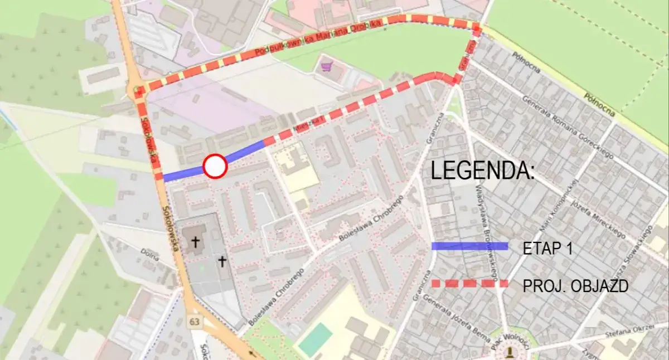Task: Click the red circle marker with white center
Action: pos(215,167)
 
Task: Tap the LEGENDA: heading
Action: pos(483,171)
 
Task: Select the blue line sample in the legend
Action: pos(469,246)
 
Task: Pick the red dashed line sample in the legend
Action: pos(469,284)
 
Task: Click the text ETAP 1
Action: pos(547,249)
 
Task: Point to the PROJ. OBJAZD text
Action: pos(575,286)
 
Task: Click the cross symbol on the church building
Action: pos(195,242)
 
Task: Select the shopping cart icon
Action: pos(326,67)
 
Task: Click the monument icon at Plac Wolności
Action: pos(510,351)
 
